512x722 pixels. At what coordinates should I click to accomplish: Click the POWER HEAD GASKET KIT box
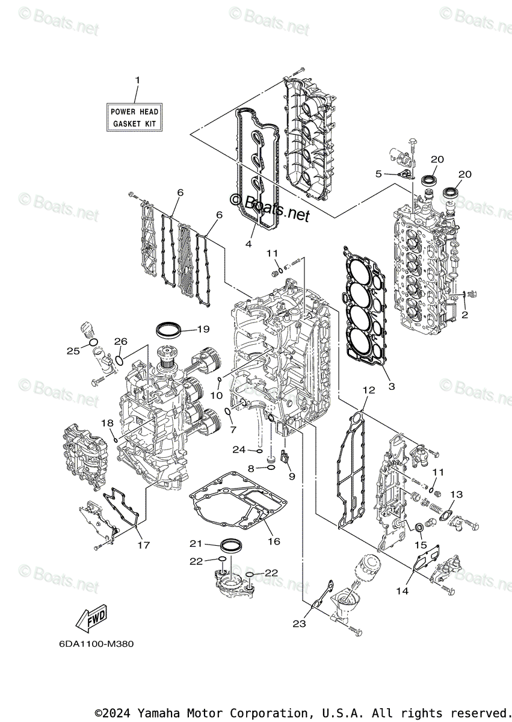pos(135,117)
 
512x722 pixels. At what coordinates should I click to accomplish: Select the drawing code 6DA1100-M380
pos(96,644)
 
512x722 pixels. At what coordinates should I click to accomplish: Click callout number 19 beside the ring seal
pos(202,329)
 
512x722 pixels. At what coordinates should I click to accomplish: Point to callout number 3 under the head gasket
pos(391,387)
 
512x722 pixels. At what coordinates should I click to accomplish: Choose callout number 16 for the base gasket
pos(274,541)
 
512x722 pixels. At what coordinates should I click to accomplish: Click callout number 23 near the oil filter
pos(299,624)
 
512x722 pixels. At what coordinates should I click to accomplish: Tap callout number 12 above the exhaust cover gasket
pos(368,390)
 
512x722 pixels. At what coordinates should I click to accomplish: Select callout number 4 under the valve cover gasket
pos(248,244)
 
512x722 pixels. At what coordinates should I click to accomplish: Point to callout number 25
pos(73,350)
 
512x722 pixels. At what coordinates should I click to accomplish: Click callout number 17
pos(143,545)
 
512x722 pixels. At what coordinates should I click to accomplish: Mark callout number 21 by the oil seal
pos(196,543)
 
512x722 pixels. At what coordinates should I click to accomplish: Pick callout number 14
pos(402,591)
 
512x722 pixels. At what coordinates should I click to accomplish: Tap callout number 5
pos(378,174)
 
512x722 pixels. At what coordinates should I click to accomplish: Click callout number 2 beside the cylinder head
pos(464,315)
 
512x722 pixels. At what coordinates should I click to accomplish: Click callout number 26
pos(121,341)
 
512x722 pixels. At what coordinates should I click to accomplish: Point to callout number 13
pos(456,495)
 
